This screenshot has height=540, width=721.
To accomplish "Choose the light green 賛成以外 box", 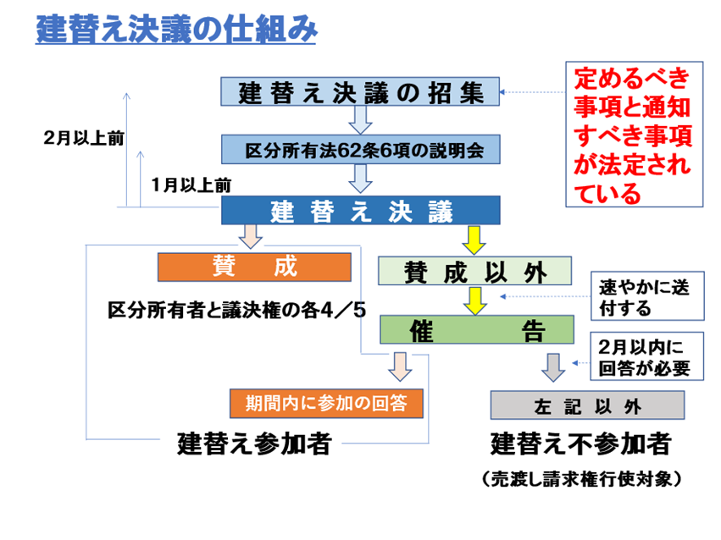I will pyautogui.click(x=475, y=270).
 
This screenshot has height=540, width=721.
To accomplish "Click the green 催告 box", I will pyautogui.click(x=475, y=329).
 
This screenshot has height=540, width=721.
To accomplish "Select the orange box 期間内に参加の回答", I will pyautogui.click(x=326, y=404).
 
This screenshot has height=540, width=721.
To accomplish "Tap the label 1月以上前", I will pyautogui.click(x=191, y=183).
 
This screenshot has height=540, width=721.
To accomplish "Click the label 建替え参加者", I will pyautogui.click(x=253, y=444).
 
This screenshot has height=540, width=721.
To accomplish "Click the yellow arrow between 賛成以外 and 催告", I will pyautogui.click(x=475, y=300).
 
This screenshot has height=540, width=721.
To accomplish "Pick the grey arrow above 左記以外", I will pyautogui.click(x=552, y=366).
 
